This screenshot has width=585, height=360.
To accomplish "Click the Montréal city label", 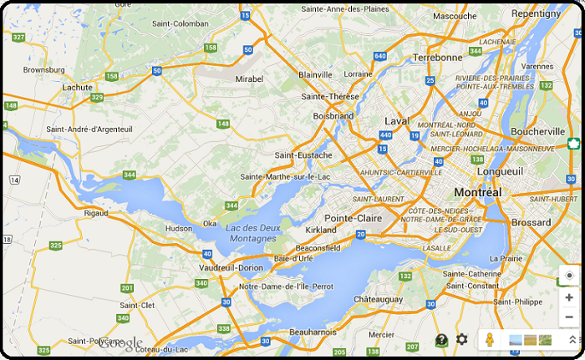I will (x=478, y=192).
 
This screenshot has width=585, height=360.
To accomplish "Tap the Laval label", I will (x=398, y=120).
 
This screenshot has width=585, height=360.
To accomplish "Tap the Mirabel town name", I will (x=249, y=77).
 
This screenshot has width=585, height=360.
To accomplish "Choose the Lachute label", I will (x=78, y=87).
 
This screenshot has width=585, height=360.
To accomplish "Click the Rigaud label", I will (x=96, y=213).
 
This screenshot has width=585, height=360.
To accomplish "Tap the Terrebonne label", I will (x=437, y=58).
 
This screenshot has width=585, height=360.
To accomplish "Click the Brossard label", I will (x=531, y=223).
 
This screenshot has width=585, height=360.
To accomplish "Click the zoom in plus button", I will (x=569, y=297).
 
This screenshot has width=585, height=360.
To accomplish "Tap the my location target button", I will (x=569, y=276).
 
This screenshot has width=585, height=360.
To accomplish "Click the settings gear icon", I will (x=462, y=339).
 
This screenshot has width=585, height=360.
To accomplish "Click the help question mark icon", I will (x=441, y=340).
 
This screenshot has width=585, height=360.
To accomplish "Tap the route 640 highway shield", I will (x=380, y=56).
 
